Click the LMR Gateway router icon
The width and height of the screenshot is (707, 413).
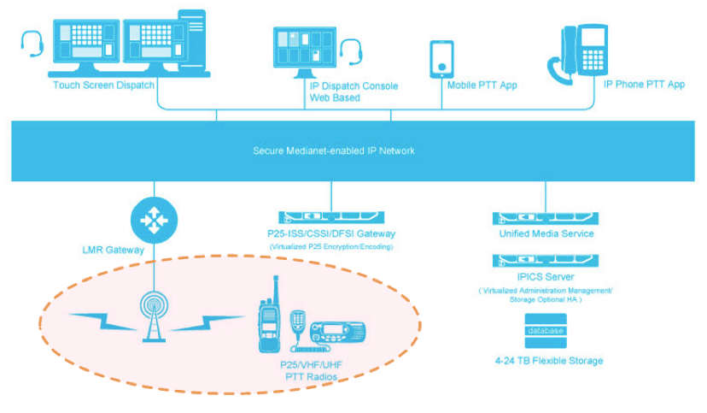pos(154,221)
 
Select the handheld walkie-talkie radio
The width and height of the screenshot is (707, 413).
pos(271,316)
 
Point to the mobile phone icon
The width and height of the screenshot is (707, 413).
pos(441,58)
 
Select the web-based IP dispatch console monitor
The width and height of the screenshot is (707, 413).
pos(305,53)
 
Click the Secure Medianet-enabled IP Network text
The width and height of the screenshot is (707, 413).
pos(334,151)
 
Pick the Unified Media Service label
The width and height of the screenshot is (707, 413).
pos(546,233)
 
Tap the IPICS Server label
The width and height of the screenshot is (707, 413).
pos(546,277)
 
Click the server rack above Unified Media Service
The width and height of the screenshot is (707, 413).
pos(545,218)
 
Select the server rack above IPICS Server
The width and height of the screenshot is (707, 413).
pos(545,260)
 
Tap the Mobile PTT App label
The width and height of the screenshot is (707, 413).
pos(482,86)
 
